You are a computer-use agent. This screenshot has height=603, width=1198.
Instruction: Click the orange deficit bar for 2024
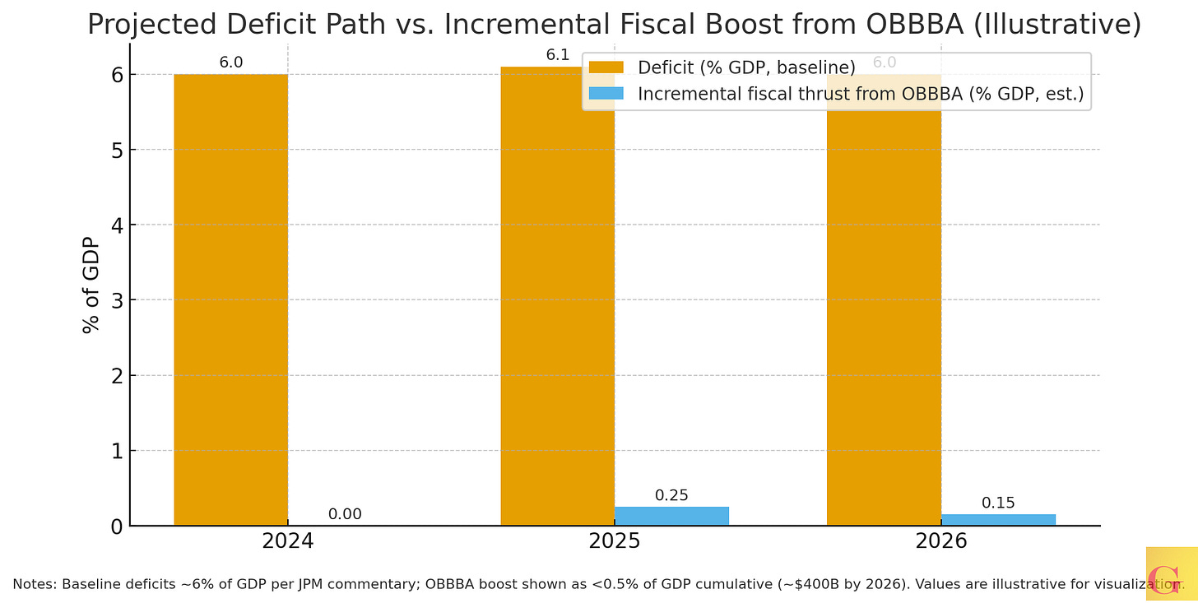tap(230, 299)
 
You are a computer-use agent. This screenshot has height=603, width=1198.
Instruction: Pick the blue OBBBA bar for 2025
tap(671, 516)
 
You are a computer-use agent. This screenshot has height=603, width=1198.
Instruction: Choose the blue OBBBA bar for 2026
tap(998, 519)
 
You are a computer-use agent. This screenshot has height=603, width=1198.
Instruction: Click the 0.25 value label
tap(671, 495)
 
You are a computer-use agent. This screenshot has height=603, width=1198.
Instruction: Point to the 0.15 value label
tap(998, 503)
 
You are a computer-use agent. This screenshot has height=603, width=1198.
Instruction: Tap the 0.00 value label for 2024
tap(345, 514)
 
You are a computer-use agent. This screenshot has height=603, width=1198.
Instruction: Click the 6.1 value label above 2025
tap(558, 55)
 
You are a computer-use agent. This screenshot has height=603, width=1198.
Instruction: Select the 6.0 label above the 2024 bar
tap(231, 63)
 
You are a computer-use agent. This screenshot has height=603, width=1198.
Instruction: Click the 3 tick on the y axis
tap(118, 300)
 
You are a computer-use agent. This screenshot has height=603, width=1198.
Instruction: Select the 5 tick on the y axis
tap(118, 150)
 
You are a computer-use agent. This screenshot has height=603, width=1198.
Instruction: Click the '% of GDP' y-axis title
tap(91, 285)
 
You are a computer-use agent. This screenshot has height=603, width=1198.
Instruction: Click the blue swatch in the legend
tap(607, 95)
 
